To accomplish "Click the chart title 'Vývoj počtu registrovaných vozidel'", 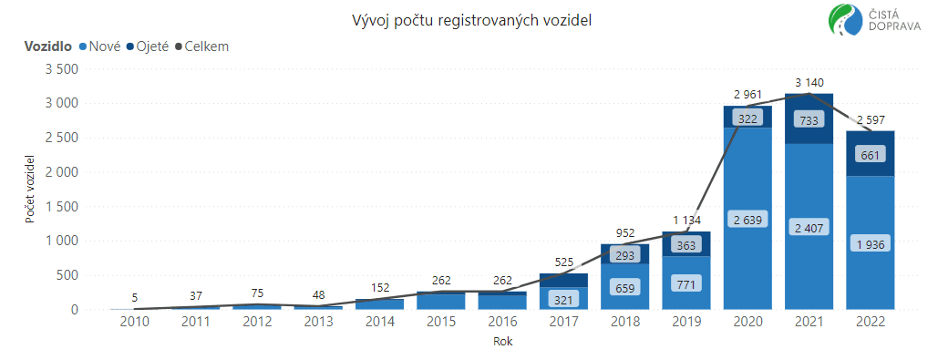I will pos(472,21).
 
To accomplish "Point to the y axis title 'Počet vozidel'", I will pos(30,190).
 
